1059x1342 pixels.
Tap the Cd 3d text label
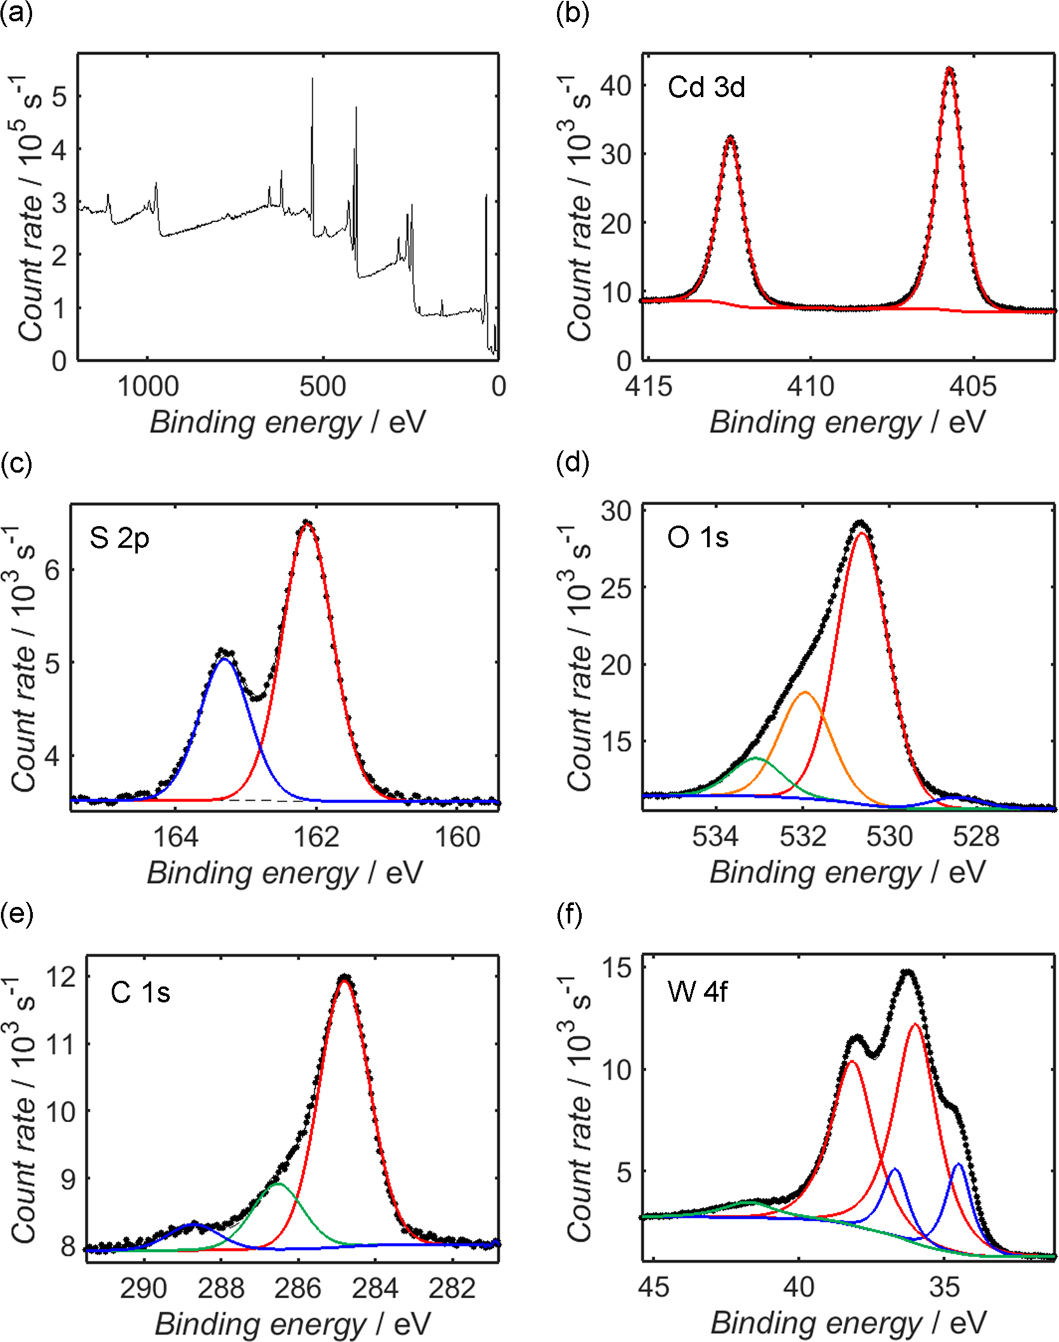(x=706, y=87)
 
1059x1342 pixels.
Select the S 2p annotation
(x=120, y=537)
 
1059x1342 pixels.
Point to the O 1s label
(x=698, y=537)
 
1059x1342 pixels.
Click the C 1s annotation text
(x=140, y=992)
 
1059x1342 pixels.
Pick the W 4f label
(x=698, y=992)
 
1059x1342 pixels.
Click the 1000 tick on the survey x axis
(x=148, y=387)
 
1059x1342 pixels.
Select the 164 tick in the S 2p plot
(x=176, y=837)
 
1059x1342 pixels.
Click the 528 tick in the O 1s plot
(x=976, y=837)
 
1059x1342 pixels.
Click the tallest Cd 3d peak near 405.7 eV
(x=949, y=68)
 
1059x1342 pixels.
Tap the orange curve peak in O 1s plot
(x=805, y=692)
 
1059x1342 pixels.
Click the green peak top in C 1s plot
(x=278, y=1183)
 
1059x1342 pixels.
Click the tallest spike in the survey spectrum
(x=312, y=78)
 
